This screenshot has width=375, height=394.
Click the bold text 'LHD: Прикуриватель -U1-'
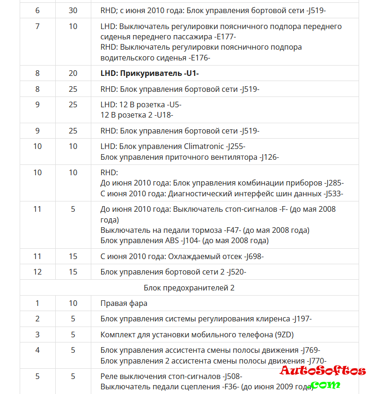pyautogui.click(x=150, y=73)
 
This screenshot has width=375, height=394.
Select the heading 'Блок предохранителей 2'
pyautogui.click(x=189, y=288)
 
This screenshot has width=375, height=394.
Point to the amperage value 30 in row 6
pyautogui.click(x=73, y=10)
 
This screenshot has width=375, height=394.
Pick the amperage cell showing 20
pyautogui.click(x=73, y=73)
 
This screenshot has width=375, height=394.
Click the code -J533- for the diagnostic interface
pyautogui.click(x=334, y=193)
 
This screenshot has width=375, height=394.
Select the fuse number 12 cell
pyautogui.click(x=37, y=272)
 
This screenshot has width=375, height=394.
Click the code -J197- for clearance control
pyautogui.click(x=302, y=319)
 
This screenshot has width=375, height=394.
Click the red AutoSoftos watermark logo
pyautogui.click(x=323, y=372)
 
